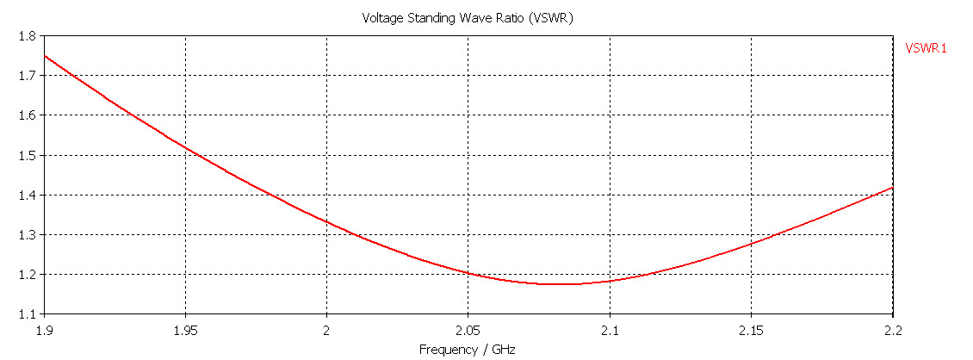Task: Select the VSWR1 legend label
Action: coord(926,49)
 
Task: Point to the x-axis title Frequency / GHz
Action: coord(468,350)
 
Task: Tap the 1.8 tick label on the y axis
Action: coord(28,35)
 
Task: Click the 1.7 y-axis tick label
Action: coord(28,76)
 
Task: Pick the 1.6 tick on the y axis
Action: coord(28,115)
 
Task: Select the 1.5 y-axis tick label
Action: coord(28,155)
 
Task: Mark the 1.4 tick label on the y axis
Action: coord(28,195)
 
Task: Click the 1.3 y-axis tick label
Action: coord(28,235)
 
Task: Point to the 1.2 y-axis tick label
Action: coord(28,275)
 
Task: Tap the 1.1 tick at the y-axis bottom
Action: coord(28,314)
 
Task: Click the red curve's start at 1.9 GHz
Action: coord(45,56)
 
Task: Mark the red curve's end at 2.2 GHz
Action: coord(893,188)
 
